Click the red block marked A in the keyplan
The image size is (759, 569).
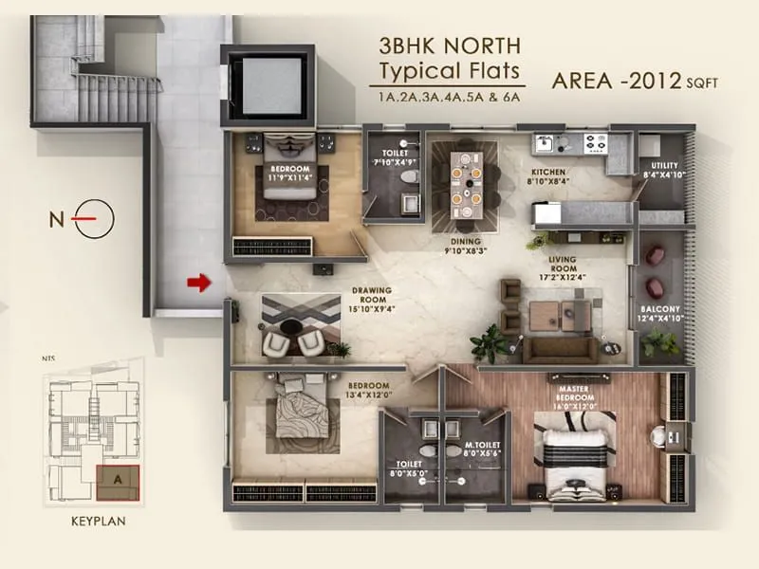coord(118,479)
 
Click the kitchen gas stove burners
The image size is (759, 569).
coord(596,143)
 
